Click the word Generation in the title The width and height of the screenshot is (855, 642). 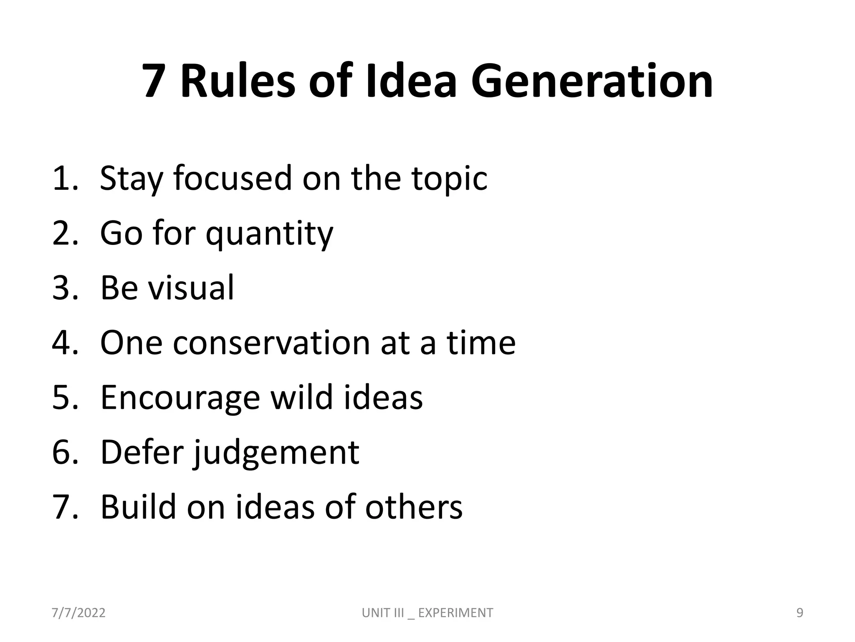point(592,81)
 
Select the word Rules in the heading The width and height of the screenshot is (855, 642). point(238,81)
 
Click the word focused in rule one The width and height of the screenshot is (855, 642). point(232,178)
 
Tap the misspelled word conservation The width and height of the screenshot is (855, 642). point(271,343)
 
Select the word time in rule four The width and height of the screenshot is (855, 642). point(481,343)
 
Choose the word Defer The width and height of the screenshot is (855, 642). point(142,452)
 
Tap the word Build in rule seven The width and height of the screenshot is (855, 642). point(138,507)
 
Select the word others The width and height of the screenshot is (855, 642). point(414,507)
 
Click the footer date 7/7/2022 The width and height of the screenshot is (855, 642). point(78,613)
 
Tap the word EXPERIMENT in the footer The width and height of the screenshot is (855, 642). point(455,613)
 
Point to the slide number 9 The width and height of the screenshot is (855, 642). point(800,613)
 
